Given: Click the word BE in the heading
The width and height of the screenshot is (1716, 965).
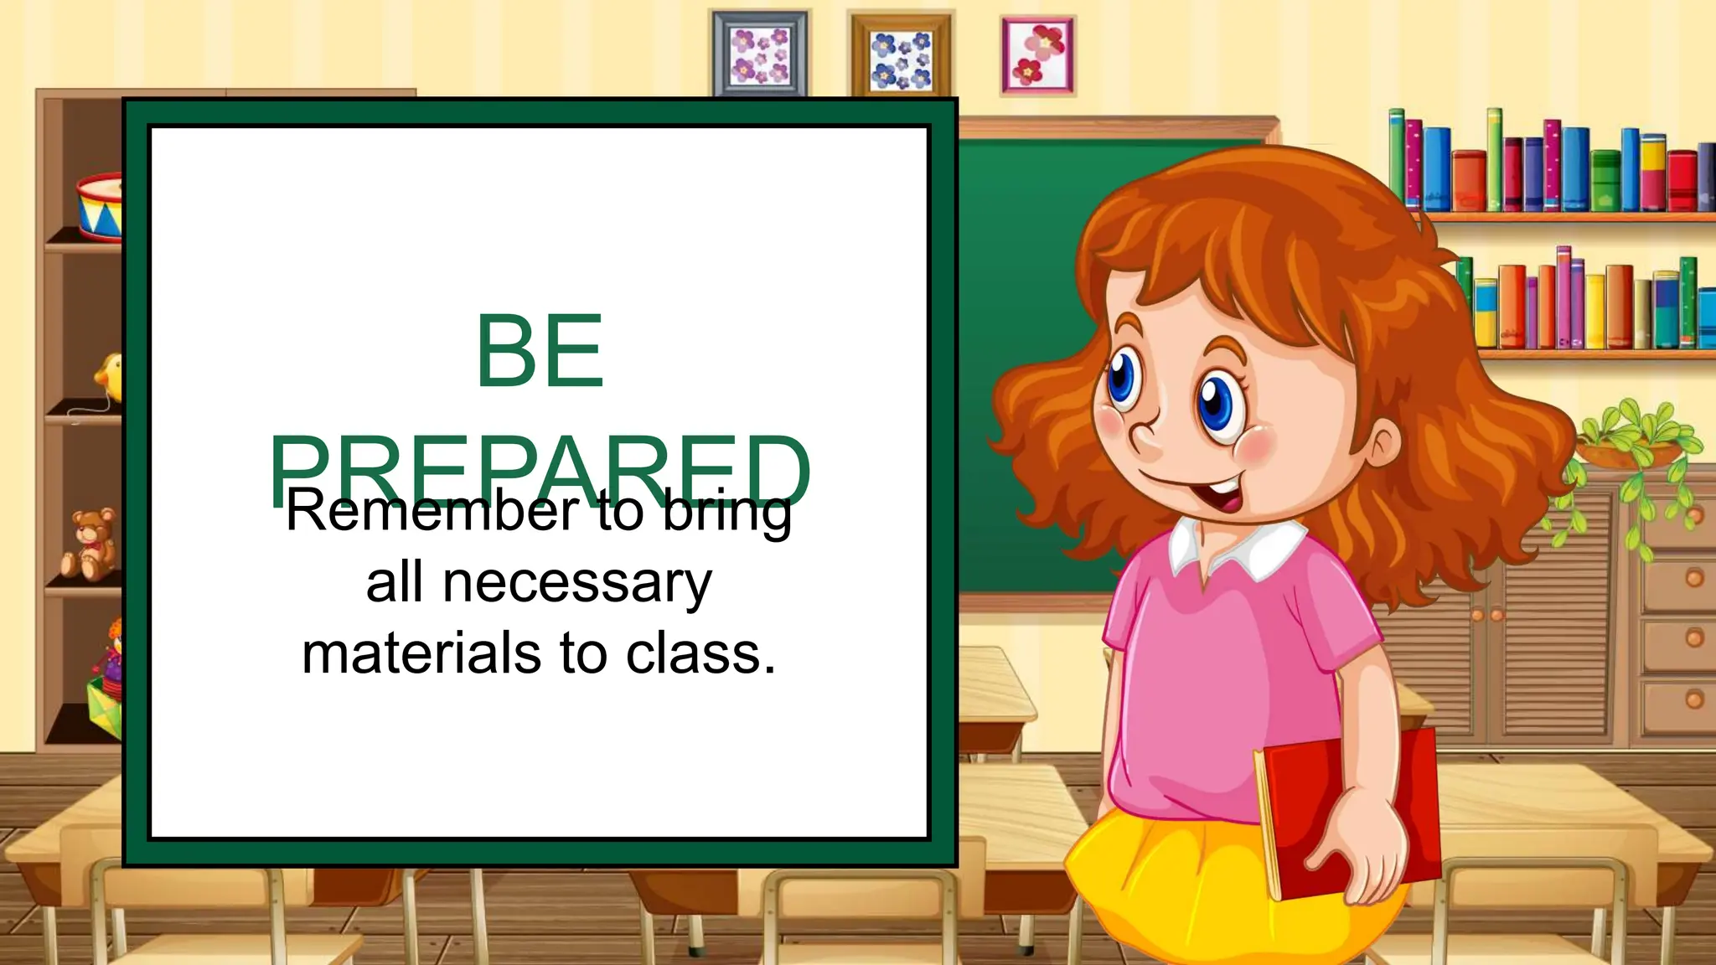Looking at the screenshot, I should click(x=540, y=351).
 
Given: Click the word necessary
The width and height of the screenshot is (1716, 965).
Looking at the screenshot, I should click(x=577, y=583).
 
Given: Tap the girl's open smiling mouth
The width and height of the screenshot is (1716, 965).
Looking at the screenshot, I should click(x=1219, y=494).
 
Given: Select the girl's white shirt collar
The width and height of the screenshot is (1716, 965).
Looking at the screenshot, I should click(x=1240, y=549).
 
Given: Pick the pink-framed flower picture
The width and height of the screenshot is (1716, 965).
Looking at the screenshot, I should click(x=1038, y=55).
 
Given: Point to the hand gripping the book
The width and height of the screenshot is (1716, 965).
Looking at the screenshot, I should click(x=1362, y=846).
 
